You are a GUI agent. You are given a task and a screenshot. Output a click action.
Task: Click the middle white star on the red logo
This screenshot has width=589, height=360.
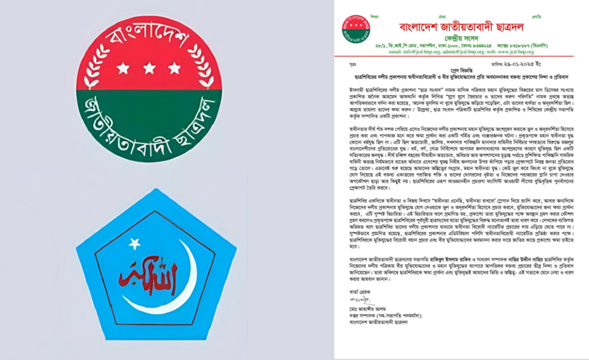[149, 68]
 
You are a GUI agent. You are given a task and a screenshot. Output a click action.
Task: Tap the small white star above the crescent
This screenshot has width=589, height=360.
[134, 244]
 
